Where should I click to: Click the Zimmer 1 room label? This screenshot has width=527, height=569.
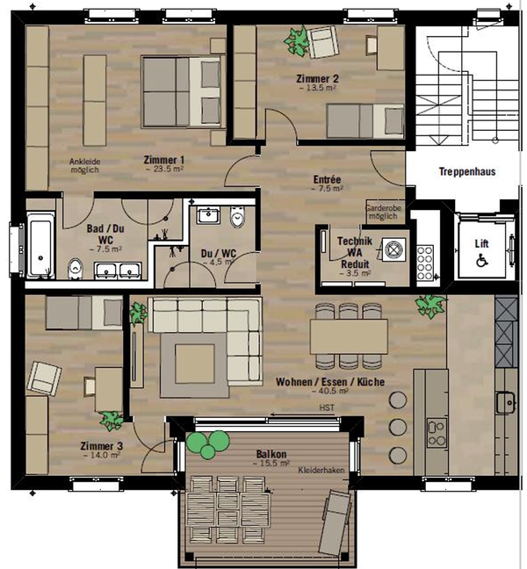pyautogui.click(x=164, y=160)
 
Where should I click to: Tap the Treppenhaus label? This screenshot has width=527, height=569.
pyautogui.click(x=467, y=171)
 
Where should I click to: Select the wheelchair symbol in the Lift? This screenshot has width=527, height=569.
pyautogui.click(x=482, y=260)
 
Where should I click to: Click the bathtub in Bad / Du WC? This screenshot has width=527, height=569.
pyautogui.click(x=40, y=245)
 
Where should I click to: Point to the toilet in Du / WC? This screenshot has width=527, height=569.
pyautogui.click(x=238, y=218)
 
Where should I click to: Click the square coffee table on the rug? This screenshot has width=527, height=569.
pyautogui.click(x=195, y=364)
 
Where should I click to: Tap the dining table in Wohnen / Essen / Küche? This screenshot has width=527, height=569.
pyautogui.click(x=349, y=337)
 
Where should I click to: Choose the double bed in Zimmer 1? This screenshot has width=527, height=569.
pyautogui.click(x=182, y=92)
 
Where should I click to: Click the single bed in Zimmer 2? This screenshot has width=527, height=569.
pyautogui.click(x=365, y=121)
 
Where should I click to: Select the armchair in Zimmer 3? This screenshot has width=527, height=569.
pyautogui.click(x=44, y=378)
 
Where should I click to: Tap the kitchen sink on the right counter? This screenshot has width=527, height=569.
pyautogui.click(x=507, y=402)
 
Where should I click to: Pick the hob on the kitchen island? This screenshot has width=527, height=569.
pyautogui.click(x=437, y=434)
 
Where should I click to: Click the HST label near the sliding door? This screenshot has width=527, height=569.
pyautogui.click(x=327, y=408)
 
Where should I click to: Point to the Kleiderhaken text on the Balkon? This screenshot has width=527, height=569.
pyautogui.click(x=321, y=471)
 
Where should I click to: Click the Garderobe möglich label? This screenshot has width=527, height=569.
pyautogui.click(x=384, y=212)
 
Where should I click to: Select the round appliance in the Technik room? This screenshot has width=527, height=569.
pyautogui.click(x=393, y=249)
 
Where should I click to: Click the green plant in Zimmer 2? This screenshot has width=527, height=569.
pyautogui.click(x=297, y=41)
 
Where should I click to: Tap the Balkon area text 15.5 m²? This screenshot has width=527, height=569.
pyautogui.click(x=271, y=464)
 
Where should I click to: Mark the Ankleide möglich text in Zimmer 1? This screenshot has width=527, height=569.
pyautogui.click(x=84, y=165)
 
